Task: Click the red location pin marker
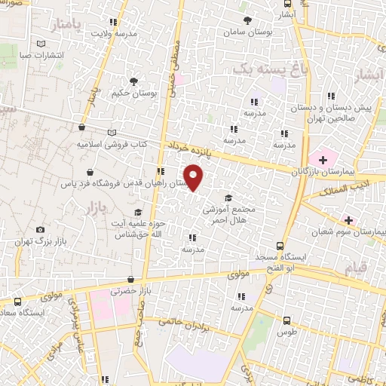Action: click(x=195, y=178)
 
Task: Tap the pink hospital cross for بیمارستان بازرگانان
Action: click(x=323, y=159)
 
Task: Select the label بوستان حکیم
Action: click(x=133, y=93)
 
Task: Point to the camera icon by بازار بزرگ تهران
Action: click(x=40, y=229)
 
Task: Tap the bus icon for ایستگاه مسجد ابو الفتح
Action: click(x=280, y=246)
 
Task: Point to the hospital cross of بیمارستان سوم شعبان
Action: click(x=348, y=220)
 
